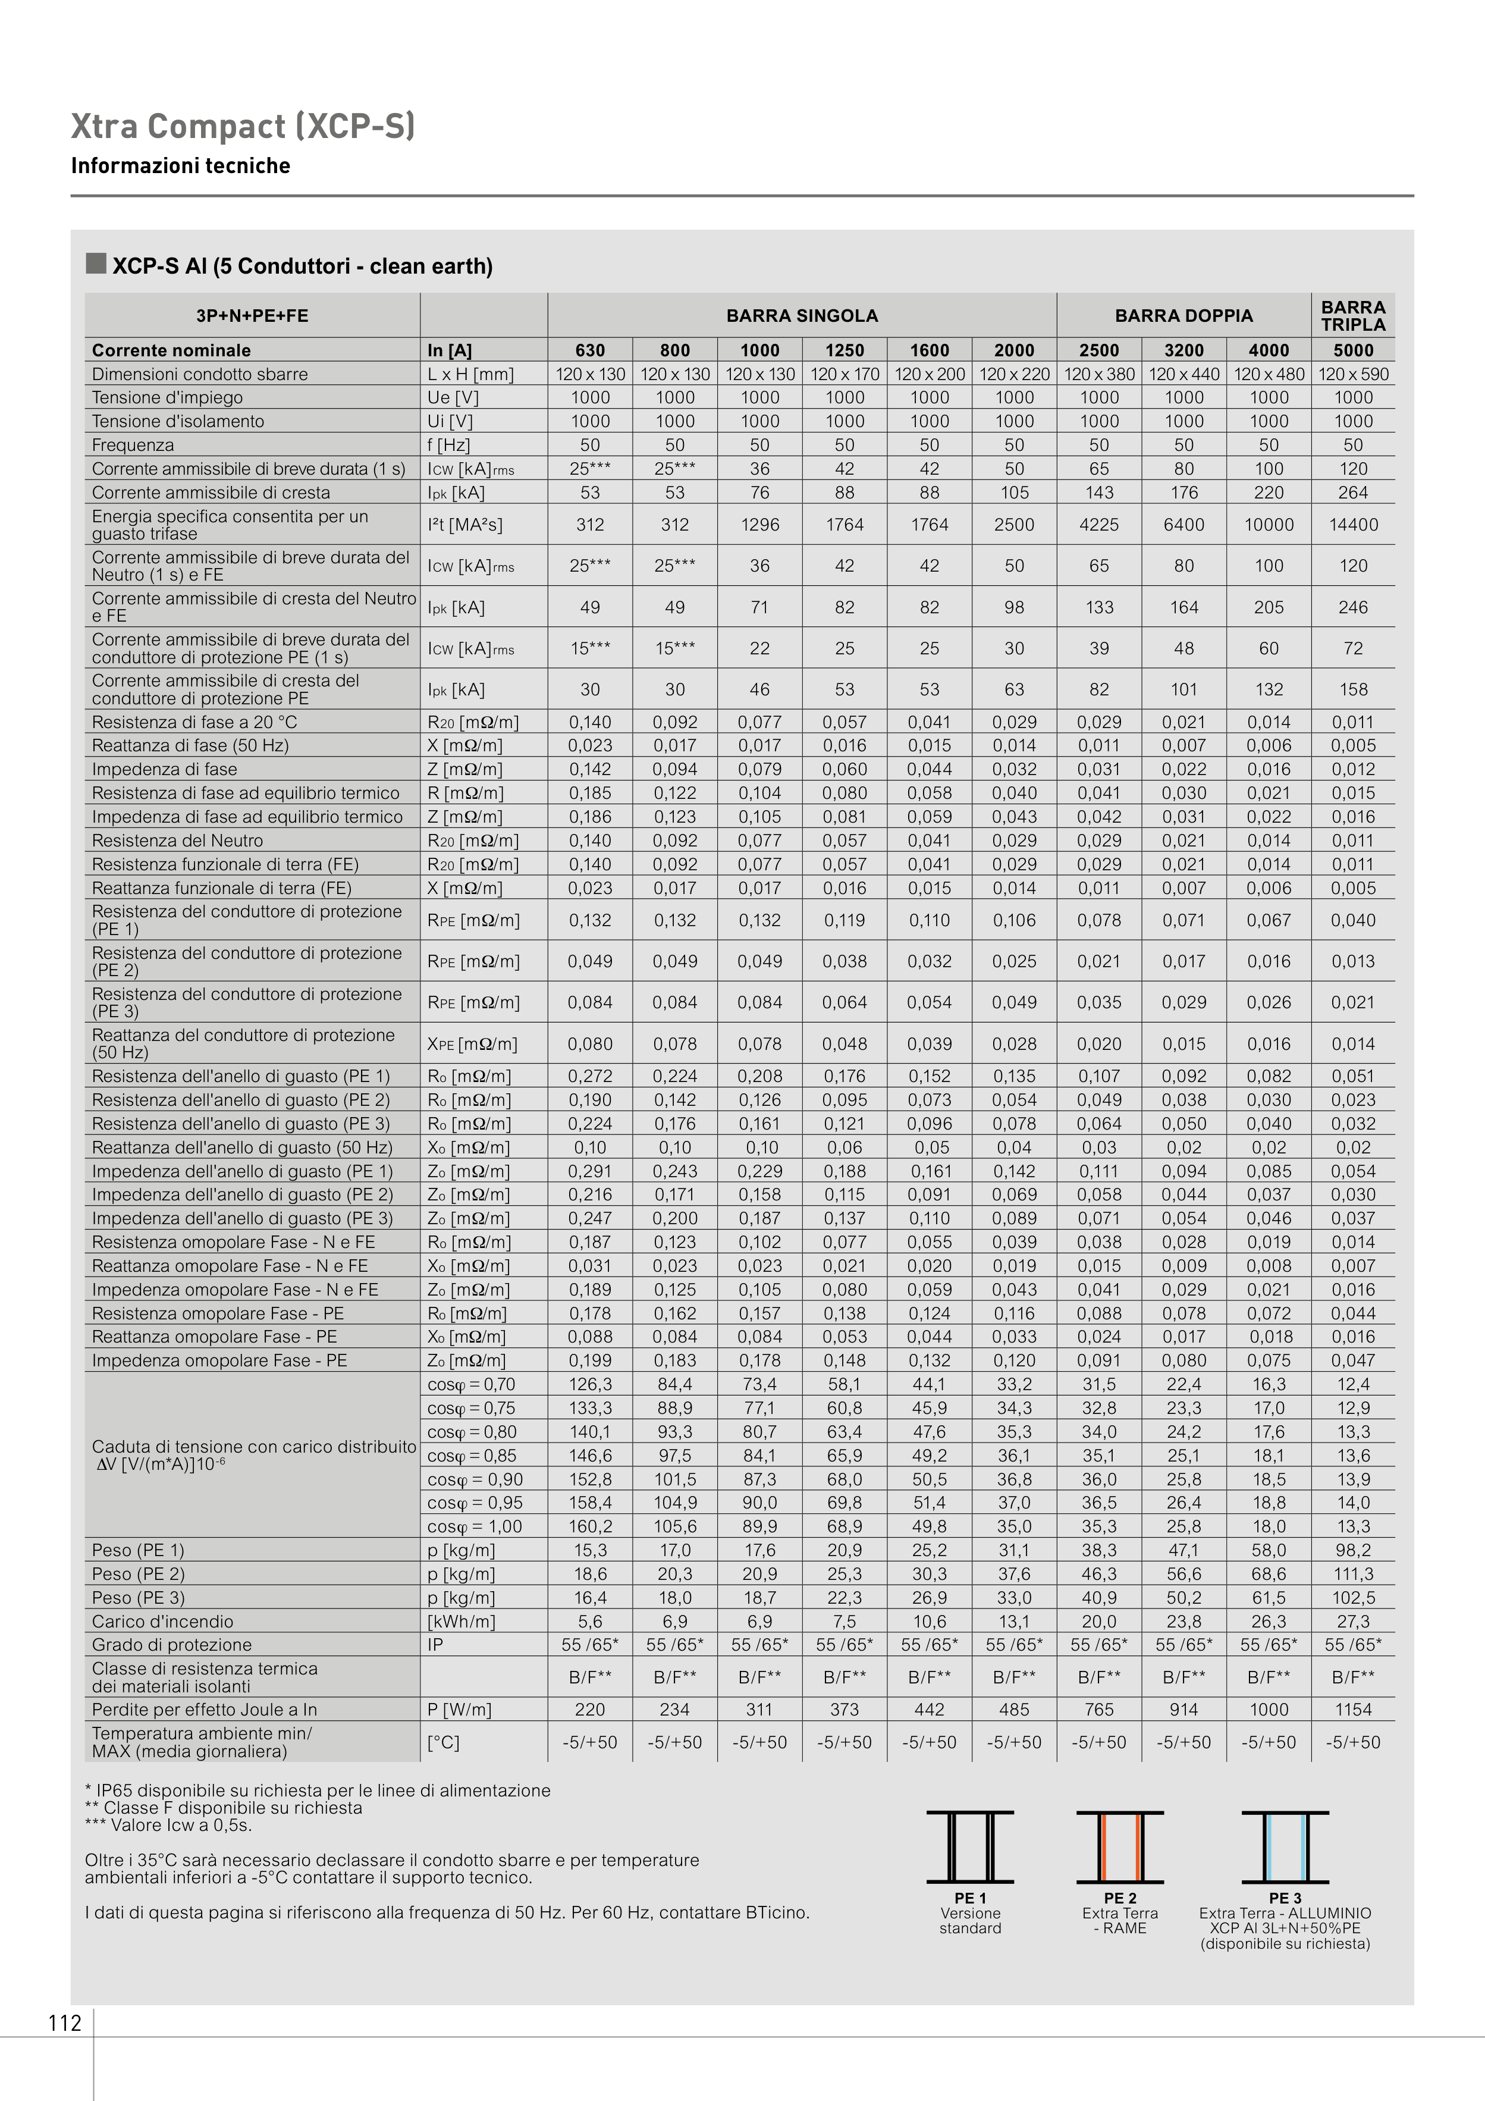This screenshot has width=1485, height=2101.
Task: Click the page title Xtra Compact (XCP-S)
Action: tap(243, 126)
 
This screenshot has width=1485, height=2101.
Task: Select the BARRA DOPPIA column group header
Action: tap(1183, 316)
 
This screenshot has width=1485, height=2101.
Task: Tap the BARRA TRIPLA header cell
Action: tap(1352, 316)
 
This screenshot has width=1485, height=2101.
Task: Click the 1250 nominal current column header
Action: tap(844, 350)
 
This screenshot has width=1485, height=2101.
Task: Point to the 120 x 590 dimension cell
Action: tap(1352, 374)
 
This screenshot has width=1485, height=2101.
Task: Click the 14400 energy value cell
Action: tap(1352, 525)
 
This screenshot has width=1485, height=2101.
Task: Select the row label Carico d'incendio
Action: tap(163, 1622)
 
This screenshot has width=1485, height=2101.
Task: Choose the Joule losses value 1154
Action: tap(1352, 1710)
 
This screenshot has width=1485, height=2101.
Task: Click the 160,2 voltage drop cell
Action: tap(590, 1526)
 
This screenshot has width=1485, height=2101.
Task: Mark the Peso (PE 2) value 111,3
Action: tap(1352, 1574)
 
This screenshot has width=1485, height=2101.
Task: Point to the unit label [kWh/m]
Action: tap(461, 1622)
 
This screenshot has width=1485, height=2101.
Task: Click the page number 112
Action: tap(65, 2023)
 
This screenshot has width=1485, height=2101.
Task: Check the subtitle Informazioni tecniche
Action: tap(180, 165)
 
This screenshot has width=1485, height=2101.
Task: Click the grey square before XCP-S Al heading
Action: tap(96, 264)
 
